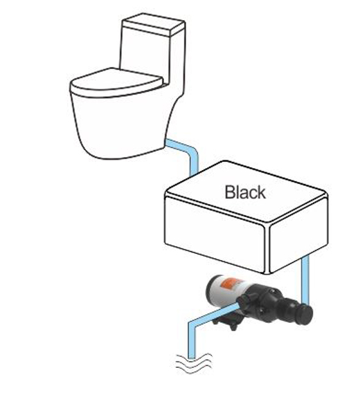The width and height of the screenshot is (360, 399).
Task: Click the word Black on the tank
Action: pyautogui.click(x=245, y=192)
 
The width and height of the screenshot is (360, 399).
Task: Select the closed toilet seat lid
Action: pyautogui.click(x=116, y=82)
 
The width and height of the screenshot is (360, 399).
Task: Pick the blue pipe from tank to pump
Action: pyautogui.click(x=305, y=280)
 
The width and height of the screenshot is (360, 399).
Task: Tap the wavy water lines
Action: pyautogui.click(x=194, y=363)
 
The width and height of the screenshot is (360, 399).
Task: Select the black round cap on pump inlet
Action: pyautogui.click(x=305, y=315)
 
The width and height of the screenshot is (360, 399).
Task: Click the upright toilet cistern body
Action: pyautogui.click(x=152, y=59)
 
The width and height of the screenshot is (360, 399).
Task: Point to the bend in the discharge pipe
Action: pyautogui.click(x=192, y=325)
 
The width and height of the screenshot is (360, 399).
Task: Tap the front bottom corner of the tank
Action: pyautogui.click(x=267, y=272)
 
